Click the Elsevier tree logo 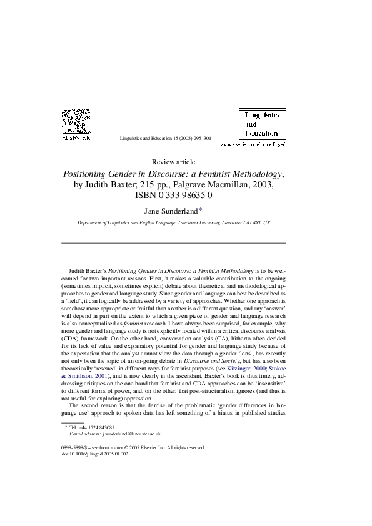[76, 121]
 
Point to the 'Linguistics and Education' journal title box [262, 124]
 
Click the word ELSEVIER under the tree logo [76, 138]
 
